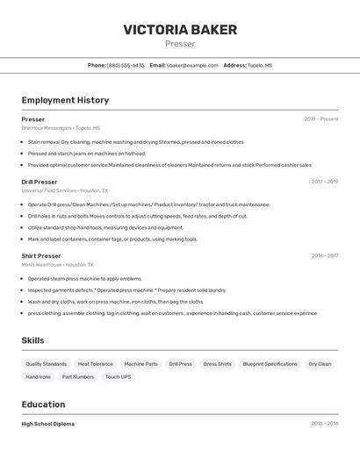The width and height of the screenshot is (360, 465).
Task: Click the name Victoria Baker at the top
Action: tap(180, 30)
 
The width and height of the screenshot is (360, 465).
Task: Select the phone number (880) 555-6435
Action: tap(126, 65)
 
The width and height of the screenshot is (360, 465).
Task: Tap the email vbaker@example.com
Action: tap(192, 65)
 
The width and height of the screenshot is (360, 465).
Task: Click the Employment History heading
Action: tap(65, 100)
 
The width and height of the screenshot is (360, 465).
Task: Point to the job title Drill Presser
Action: tap(40, 182)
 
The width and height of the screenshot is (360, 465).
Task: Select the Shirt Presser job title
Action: tap(41, 255)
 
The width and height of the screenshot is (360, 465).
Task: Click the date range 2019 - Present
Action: tap(320, 119)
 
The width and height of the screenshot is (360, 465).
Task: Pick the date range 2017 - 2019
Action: tap(324, 182)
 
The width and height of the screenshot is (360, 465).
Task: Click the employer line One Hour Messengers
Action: tap(61, 128)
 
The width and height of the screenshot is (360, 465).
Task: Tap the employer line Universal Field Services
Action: tap(65, 190)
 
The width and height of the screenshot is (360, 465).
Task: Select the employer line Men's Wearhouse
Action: tap(57, 264)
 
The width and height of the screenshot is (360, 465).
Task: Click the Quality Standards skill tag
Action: tap(46, 363)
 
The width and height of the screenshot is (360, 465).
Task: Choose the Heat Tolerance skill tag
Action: tap(95, 363)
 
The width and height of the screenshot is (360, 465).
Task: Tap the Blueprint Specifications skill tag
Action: tap(270, 363)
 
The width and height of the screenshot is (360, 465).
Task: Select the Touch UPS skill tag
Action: tap(118, 376)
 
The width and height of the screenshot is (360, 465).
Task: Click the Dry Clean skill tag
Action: tap(320, 363)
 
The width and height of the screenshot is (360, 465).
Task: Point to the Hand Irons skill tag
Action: tap(38, 376)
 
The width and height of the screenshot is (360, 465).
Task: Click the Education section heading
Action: tap(43, 404)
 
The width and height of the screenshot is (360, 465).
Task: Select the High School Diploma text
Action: tap(47, 424)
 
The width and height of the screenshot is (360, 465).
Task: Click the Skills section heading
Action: tap(32, 340)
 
